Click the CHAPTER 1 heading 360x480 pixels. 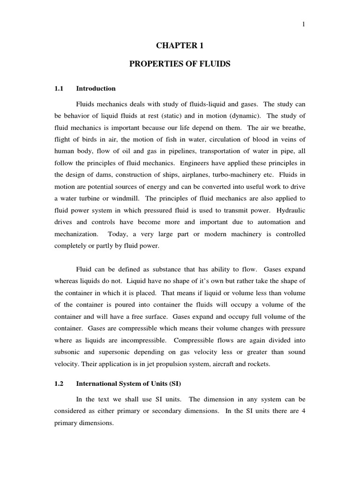point(180,46)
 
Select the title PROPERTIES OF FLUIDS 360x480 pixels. point(180,64)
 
